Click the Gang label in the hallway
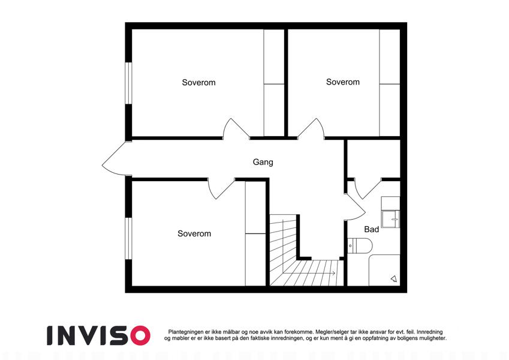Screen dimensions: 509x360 263,162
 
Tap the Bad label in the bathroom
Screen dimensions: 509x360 371,229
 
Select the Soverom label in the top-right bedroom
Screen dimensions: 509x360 343,82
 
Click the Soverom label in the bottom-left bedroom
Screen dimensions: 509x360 194,233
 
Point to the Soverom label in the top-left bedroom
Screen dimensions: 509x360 198,83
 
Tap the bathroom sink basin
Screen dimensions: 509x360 390,219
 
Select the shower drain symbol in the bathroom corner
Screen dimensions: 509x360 394,278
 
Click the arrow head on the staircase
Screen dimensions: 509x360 333,273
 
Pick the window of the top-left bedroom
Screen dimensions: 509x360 128,83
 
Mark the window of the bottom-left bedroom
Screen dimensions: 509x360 128,238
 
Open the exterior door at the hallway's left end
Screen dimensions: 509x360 114,158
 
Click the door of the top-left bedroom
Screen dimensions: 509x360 236,128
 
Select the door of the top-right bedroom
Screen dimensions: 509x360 311,128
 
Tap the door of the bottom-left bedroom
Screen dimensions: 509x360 221,188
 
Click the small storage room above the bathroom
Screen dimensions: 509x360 374,159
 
